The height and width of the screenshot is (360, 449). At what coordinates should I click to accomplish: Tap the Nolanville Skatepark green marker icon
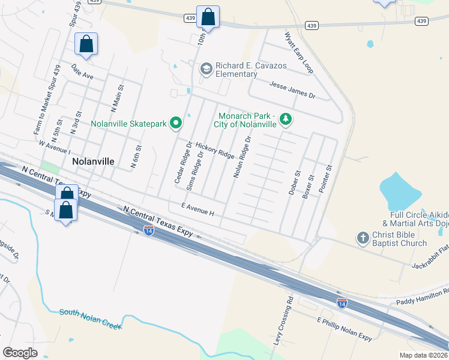coord(176,124)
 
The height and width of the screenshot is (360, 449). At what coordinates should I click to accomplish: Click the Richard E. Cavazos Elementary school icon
coord(206,69)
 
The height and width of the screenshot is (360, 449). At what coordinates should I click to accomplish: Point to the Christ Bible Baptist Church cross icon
coord(363,238)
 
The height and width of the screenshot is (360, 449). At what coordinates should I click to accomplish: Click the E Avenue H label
coord(197,209)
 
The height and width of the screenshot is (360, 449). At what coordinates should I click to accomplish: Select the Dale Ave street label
coord(82,72)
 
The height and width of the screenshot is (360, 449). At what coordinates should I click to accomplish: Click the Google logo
coord(20,353)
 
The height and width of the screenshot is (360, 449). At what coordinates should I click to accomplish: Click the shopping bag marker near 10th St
coord(208,18)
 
